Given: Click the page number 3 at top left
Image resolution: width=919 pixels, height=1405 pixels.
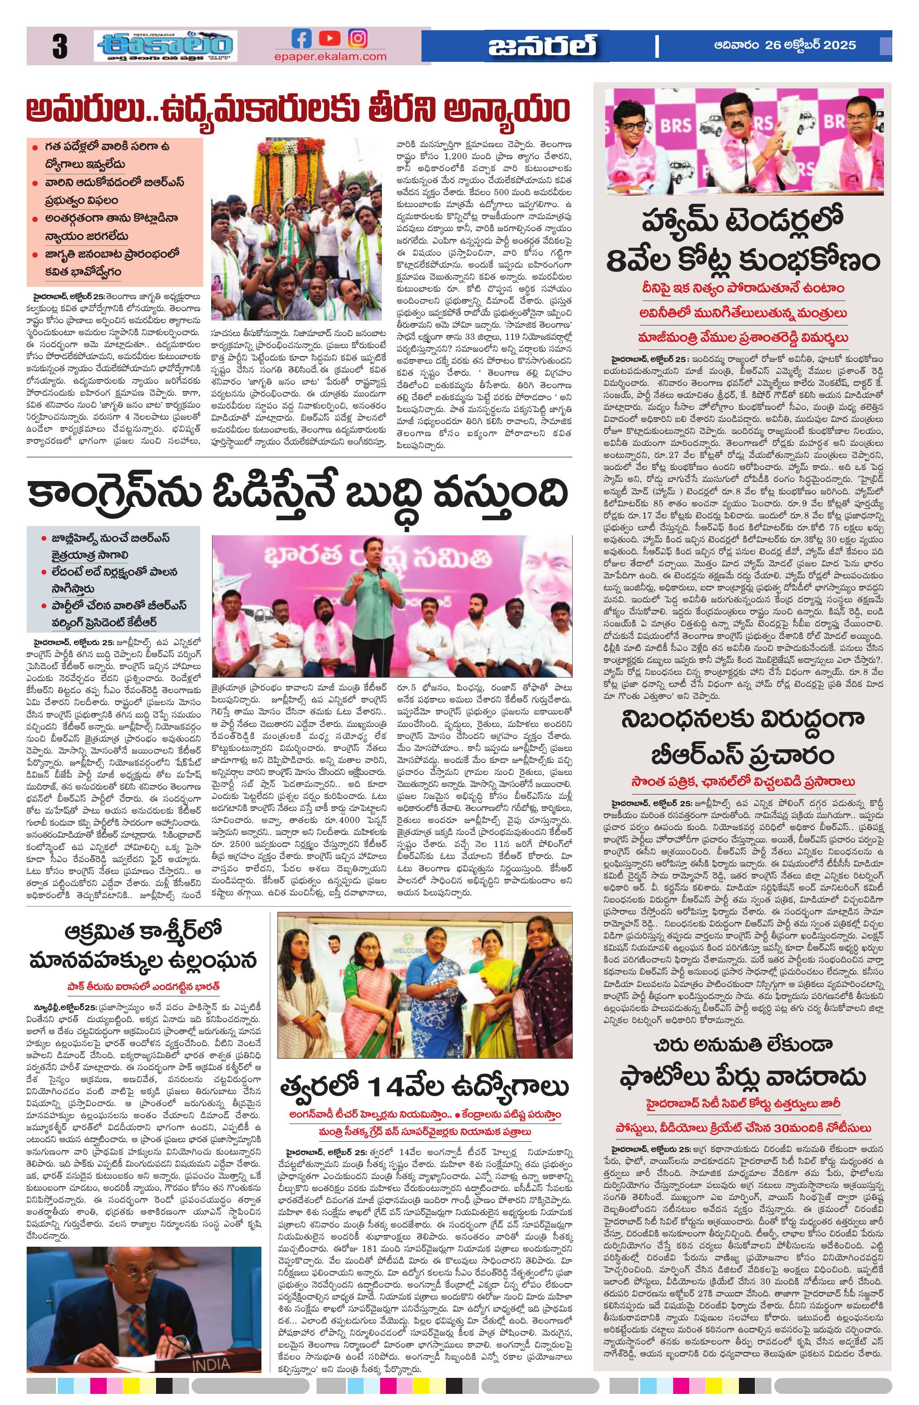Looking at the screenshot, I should click(x=60, y=47).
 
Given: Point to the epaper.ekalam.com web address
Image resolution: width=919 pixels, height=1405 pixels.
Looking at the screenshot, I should click(x=330, y=56).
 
